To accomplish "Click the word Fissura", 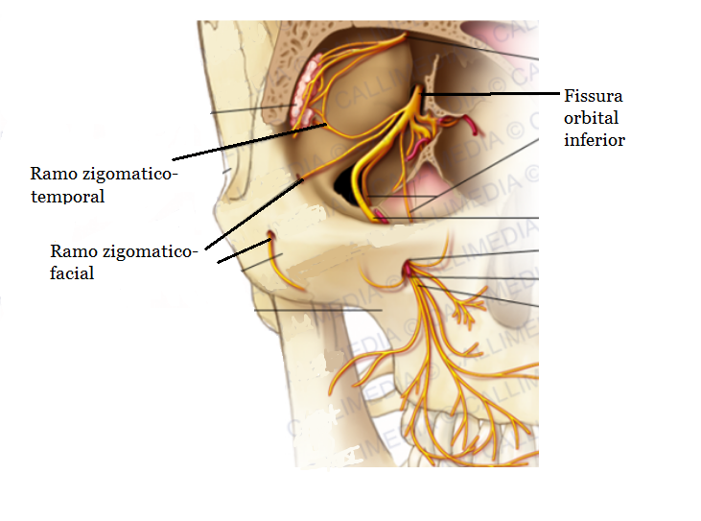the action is pos(593,96).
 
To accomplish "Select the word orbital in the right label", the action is pos(592,118).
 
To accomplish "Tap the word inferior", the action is pos(595,140).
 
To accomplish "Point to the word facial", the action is pos(72,272).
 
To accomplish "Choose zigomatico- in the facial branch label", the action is pos(150,251).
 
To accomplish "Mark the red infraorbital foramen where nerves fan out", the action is pos(409,270).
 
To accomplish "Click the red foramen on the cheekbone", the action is pos(271,235).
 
